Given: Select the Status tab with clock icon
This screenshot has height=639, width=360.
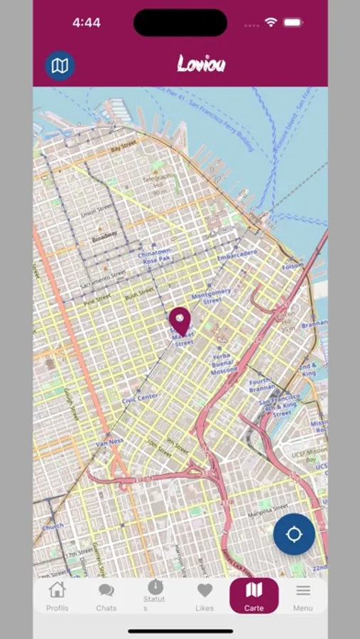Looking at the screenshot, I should point(155,595).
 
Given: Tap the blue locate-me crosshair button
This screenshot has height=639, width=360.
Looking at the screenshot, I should point(294,534).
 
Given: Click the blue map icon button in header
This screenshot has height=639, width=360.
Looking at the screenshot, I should point(60,66).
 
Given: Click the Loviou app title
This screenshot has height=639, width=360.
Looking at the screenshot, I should point(201,65).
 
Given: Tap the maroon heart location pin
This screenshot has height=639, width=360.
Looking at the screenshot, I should point(180,319).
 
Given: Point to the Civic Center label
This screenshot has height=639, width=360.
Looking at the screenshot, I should point(140,398).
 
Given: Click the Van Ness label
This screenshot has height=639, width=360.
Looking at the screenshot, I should point(111,442).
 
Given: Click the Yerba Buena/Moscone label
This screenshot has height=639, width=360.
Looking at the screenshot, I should point(224,364).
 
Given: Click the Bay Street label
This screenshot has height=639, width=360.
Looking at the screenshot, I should point(124,146).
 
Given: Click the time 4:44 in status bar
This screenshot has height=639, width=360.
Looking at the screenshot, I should point(86,23).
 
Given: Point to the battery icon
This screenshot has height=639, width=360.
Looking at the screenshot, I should point(293,23).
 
